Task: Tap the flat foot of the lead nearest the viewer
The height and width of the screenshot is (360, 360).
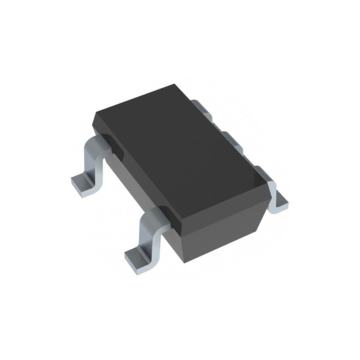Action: tap(137, 261)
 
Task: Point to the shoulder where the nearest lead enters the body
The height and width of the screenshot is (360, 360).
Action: tap(160, 216)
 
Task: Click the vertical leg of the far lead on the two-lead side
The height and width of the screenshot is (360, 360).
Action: tap(92, 164)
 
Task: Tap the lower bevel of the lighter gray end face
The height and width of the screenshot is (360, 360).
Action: tap(225, 243)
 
